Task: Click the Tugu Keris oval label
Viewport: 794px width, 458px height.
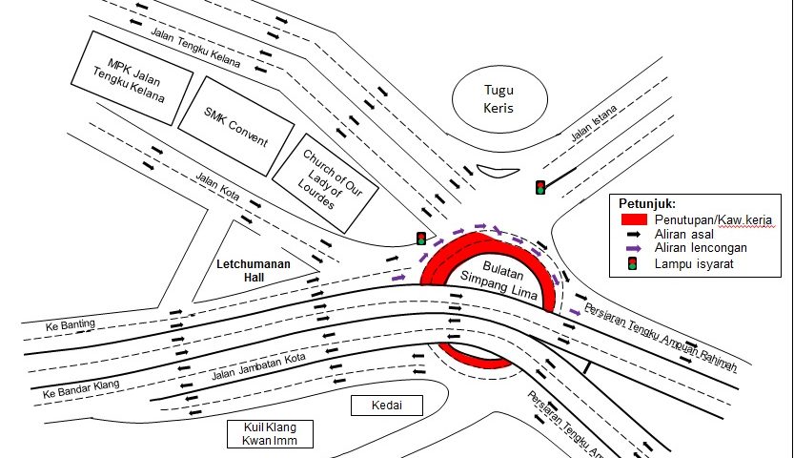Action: click(x=499, y=99)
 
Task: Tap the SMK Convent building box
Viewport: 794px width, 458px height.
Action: click(x=236, y=126)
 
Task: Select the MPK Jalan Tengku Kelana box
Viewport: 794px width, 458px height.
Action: click(x=132, y=78)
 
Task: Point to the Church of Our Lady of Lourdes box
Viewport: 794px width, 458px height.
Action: click(x=326, y=183)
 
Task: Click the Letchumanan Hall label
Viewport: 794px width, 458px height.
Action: click(x=254, y=271)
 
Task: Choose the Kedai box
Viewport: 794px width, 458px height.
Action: click(x=387, y=406)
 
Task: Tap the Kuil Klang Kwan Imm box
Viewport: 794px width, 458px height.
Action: click(x=270, y=434)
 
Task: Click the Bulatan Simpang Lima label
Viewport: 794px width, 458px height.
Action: click(x=499, y=281)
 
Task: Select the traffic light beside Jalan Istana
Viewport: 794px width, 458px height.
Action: click(x=540, y=187)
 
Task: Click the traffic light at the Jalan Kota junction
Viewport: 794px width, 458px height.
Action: click(x=420, y=239)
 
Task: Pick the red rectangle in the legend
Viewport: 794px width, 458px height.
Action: click(x=634, y=219)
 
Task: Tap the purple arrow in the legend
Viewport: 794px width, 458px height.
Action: click(x=634, y=248)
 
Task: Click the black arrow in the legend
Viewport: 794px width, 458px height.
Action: click(x=634, y=234)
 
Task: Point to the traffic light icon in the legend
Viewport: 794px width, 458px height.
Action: click(x=633, y=263)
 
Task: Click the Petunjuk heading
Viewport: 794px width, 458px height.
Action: click(x=647, y=203)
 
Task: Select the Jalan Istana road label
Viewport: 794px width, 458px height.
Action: click(x=594, y=123)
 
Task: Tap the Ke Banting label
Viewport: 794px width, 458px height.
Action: click(x=71, y=324)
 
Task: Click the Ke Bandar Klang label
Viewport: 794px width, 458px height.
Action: click(x=81, y=388)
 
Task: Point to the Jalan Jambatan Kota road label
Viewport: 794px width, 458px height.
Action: click(x=258, y=366)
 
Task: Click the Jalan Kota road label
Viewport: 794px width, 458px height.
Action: click(x=217, y=186)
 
